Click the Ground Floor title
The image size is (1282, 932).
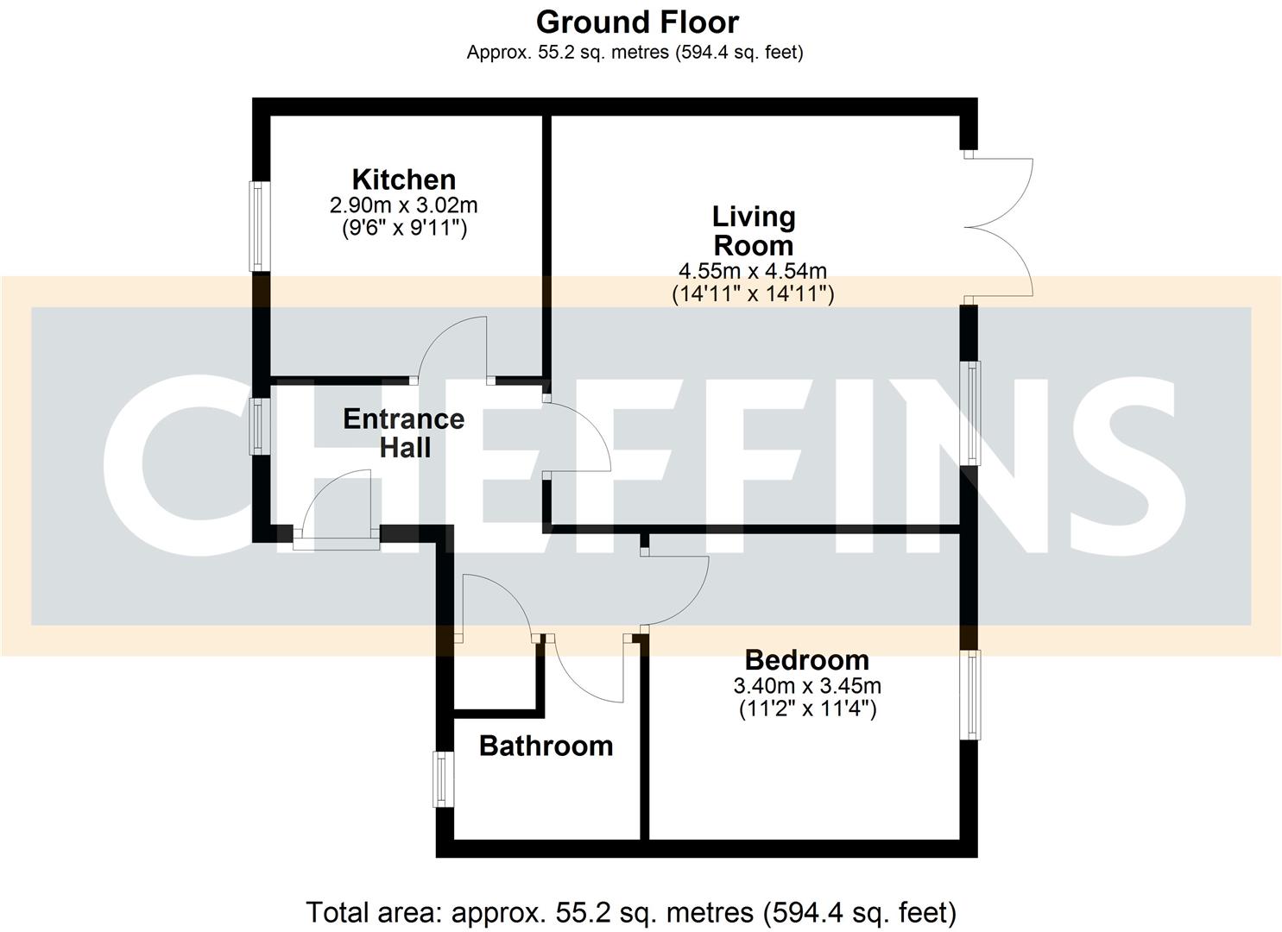637,22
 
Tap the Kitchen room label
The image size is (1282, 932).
403,179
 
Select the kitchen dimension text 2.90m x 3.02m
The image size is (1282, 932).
403,205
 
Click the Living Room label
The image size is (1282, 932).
753,230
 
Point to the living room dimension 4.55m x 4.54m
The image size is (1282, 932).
753,272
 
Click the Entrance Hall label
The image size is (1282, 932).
403,433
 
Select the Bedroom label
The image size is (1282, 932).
806,660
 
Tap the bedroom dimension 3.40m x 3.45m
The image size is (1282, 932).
806,686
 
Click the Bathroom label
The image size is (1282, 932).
546,746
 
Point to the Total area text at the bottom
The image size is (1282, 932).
631,912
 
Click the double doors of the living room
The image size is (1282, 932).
1000,228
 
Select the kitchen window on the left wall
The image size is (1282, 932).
257,224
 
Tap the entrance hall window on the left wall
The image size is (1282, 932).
257,425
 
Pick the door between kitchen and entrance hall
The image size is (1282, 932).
453,349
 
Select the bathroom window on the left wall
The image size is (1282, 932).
442,779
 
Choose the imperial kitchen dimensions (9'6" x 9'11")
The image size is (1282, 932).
403,228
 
